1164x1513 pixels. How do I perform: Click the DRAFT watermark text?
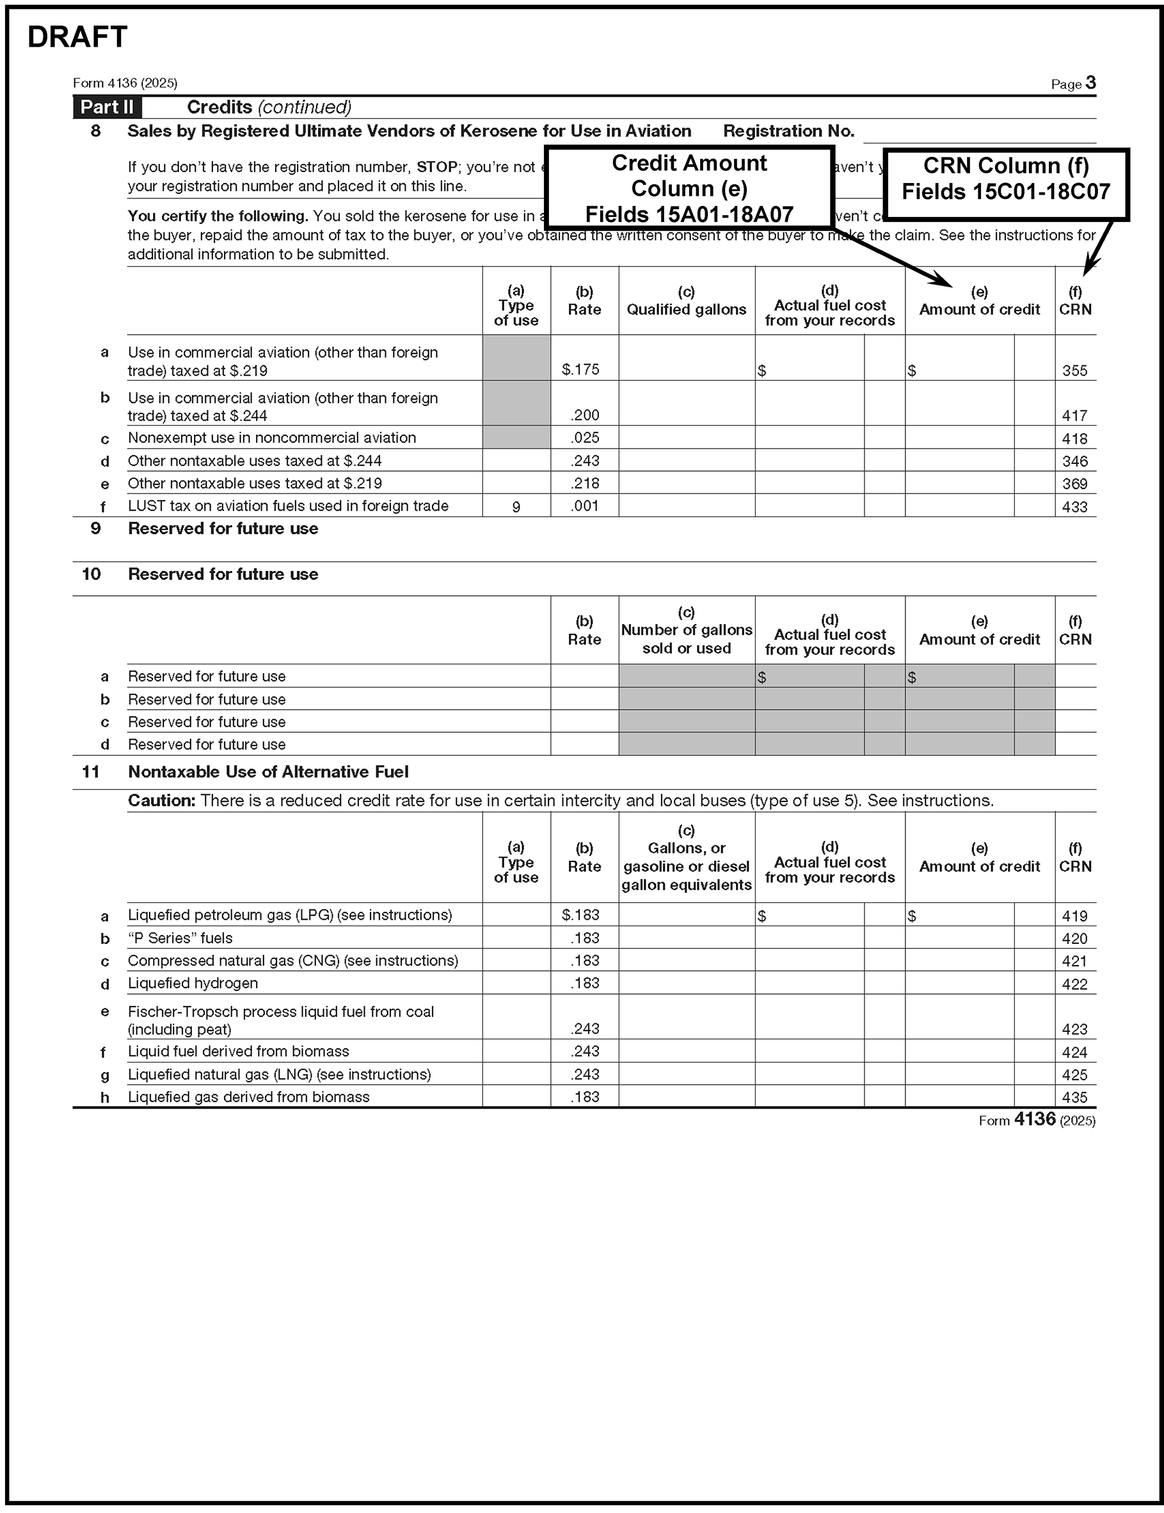(x=77, y=37)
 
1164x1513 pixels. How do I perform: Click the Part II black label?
(x=107, y=108)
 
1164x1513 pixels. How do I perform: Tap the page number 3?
(x=1090, y=83)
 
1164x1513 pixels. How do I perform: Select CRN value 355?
(x=1074, y=371)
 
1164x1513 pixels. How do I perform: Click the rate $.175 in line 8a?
(x=580, y=369)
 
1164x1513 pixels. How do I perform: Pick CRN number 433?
(x=1074, y=506)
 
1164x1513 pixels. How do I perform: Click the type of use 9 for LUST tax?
(x=516, y=506)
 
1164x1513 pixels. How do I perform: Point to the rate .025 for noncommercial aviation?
(x=585, y=438)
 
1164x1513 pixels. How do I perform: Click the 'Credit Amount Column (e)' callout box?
(x=689, y=188)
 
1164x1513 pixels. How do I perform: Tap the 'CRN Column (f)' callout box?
(x=1005, y=179)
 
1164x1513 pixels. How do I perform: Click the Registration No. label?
(x=788, y=131)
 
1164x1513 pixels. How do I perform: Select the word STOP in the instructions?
(x=436, y=167)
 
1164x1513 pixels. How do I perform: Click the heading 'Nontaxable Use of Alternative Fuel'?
(x=268, y=772)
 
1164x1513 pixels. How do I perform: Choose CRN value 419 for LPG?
(x=1074, y=916)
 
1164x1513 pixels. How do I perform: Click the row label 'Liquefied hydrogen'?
(x=193, y=983)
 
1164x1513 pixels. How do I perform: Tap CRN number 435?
(x=1074, y=1098)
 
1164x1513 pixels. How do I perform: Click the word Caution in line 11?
(x=161, y=801)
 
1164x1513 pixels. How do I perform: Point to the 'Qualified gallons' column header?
(x=686, y=310)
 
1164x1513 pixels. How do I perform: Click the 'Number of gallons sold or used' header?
(x=686, y=630)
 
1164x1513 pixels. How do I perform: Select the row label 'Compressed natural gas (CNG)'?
(x=293, y=961)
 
